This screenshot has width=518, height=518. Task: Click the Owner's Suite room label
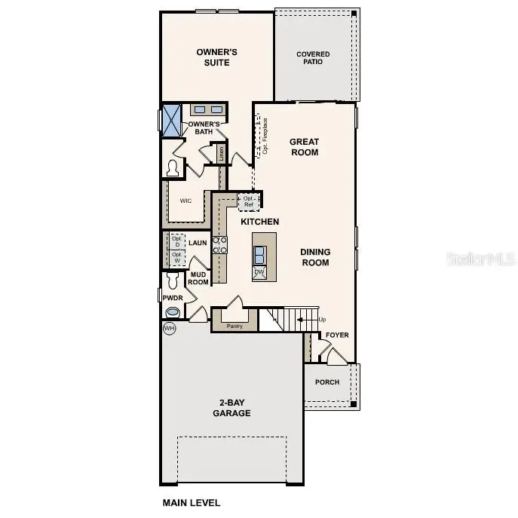(217, 57)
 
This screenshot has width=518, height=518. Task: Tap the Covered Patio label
(312, 58)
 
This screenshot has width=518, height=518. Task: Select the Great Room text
(305, 147)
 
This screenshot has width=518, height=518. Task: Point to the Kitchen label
(259, 222)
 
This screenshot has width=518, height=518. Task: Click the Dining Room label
(315, 257)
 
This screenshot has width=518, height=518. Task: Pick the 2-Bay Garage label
(231, 408)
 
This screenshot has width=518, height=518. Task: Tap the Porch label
(326, 382)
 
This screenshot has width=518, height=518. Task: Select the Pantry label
(235, 326)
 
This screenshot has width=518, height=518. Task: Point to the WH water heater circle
(168, 329)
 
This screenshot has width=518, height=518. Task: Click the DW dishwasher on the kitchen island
(259, 272)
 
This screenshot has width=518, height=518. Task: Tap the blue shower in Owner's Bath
(173, 120)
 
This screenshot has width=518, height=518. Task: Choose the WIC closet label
(185, 201)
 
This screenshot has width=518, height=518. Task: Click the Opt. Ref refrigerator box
(249, 201)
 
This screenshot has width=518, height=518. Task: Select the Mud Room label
(199, 278)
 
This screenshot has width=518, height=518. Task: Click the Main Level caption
(192, 501)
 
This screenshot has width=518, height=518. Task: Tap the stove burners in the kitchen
(219, 245)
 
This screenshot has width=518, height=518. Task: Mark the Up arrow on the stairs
(310, 320)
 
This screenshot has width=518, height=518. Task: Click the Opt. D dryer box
(176, 241)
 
